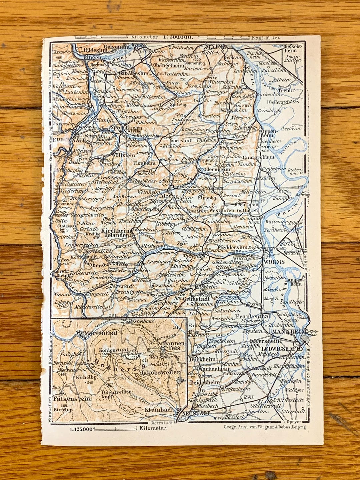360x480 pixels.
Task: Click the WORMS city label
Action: [x=274, y=262]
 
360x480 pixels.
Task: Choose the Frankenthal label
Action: [x=252, y=316]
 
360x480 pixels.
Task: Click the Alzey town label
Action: [x=167, y=196]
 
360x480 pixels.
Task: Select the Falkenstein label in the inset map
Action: [x=72, y=398]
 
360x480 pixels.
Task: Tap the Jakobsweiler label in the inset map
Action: [x=160, y=372]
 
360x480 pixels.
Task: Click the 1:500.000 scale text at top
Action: [x=177, y=38]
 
